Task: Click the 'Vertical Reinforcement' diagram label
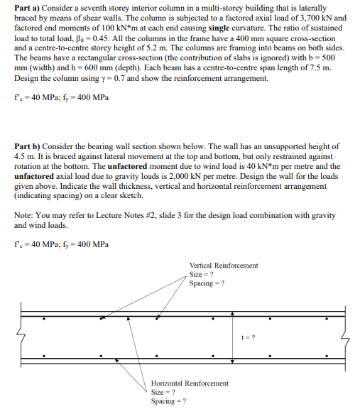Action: click(224, 266)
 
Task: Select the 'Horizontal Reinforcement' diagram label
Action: click(190, 383)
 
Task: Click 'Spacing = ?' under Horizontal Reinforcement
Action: click(168, 401)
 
